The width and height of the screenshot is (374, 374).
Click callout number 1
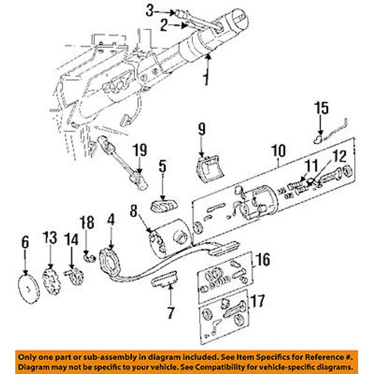[x=207, y=79]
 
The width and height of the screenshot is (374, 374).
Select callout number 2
[x=164, y=25]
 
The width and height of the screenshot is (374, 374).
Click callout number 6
[x=25, y=242]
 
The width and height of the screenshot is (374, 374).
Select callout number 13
[x=50, y=238]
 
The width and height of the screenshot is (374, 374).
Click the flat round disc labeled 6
[x=26, y=286]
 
